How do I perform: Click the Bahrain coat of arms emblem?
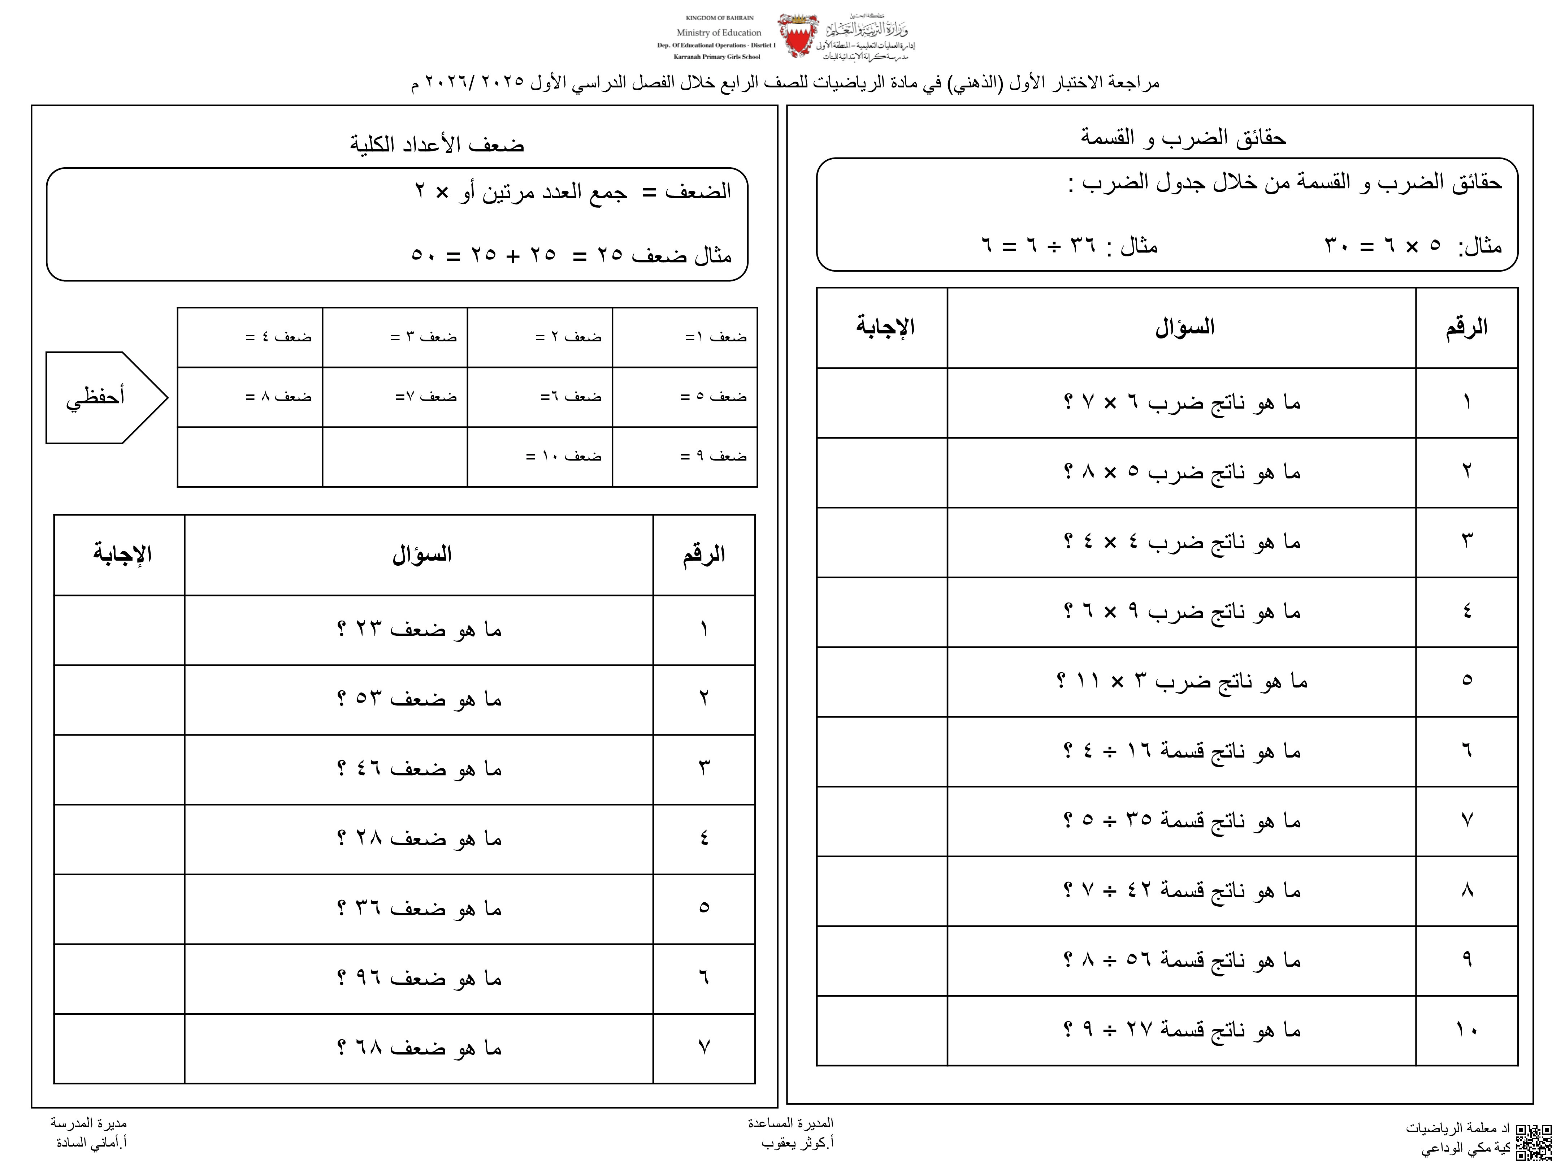(798, 35)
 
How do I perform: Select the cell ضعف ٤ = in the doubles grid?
(278, 337)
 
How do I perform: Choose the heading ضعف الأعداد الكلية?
(437, 144)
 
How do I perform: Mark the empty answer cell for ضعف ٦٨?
(119, 1048)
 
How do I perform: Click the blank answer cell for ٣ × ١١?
(881, 682)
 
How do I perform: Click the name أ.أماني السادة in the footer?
(91, 1143)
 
